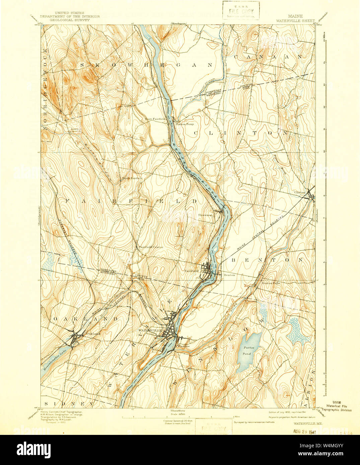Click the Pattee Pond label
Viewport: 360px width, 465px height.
pyautogui.click(x=248, y=351)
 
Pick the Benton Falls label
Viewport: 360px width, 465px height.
pyautogui.click(x=271, y=283)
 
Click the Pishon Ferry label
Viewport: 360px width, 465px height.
pyautogui.click(x=185, y=124)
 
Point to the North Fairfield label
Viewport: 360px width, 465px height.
pyautogui.click(x=132, y=179)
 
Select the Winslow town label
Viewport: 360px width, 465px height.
pyautogui.click(x=184, y=346)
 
